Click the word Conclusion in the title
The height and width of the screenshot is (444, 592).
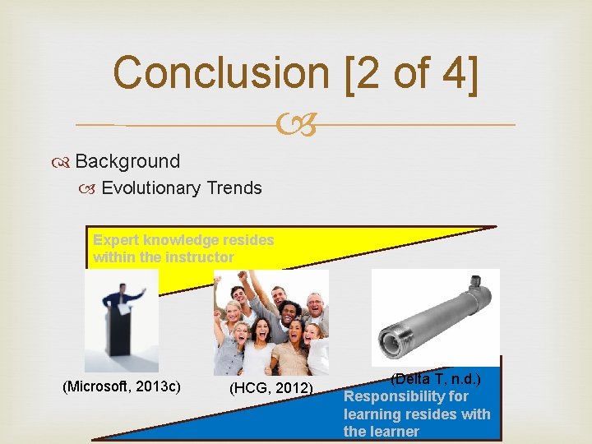point(210,72)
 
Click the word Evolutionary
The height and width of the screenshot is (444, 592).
point(150,188)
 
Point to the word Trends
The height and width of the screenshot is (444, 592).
point(234,188)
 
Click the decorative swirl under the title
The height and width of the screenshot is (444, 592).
point(295,125)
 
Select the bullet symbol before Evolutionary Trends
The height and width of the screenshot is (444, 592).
point(92,189)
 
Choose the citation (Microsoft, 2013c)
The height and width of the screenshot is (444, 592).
point(123,386)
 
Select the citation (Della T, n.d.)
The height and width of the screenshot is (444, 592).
point(435,379)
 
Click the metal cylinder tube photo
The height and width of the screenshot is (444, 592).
point(435,317)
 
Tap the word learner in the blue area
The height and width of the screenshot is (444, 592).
point(394,432)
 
